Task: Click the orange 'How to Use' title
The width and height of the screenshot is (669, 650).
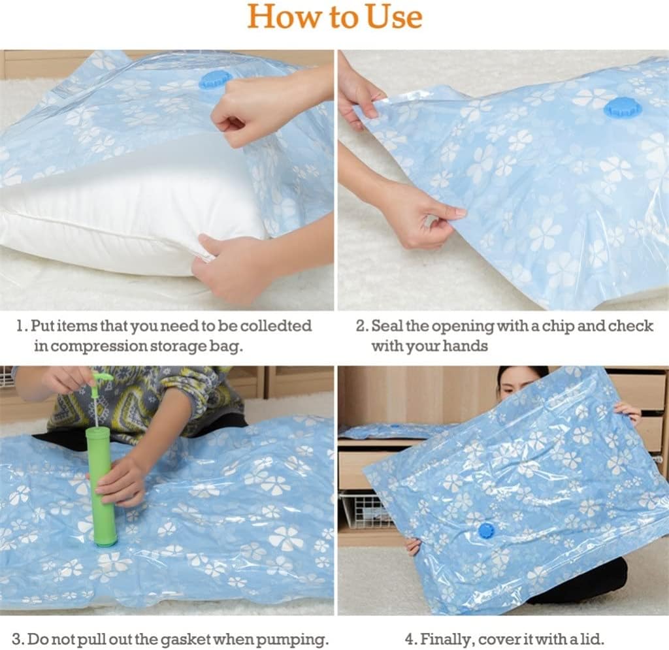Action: click(x=334, y=16)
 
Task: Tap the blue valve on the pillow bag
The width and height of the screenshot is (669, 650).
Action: click(x=215, y=79)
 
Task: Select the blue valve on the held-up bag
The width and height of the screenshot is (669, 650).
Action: click(x=487, y=530)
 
